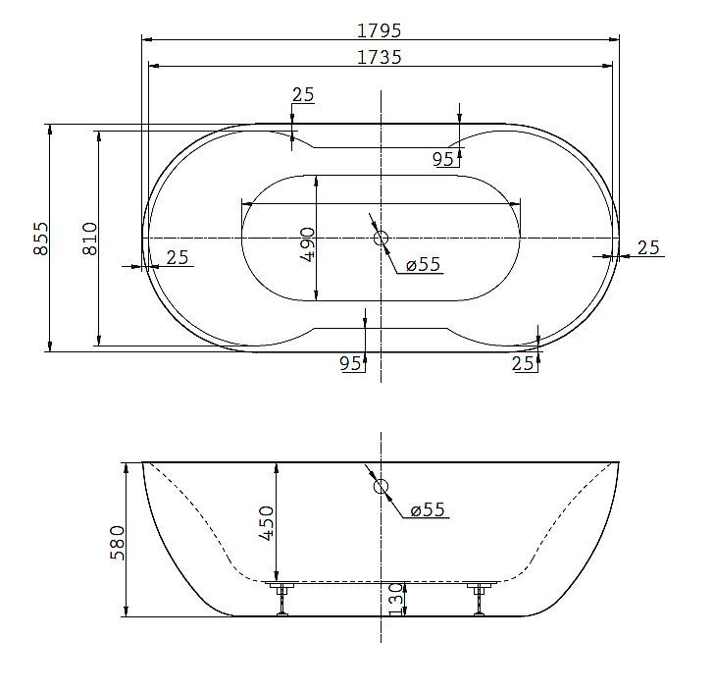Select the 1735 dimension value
[381, 58]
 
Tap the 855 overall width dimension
[41, 238]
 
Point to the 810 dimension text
[89, 238]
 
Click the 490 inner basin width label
[306, 243]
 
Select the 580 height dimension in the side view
[118, 541]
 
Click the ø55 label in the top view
[423, 264]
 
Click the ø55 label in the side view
[428, 509]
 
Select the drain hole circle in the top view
[381, 238]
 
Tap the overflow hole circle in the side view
[381, 485]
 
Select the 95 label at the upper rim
[443, 158]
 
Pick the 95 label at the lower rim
[350, 364]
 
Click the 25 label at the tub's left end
[177, 257]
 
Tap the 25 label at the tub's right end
[648, 247]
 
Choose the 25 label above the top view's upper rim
[303, 94]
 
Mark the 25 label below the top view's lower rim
[524, 364]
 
